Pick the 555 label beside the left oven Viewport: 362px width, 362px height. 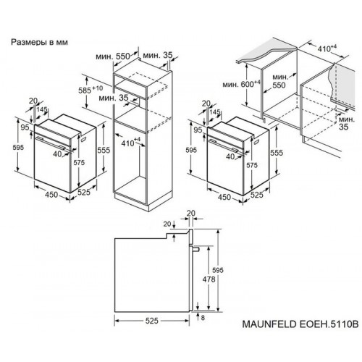coord(104,149)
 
